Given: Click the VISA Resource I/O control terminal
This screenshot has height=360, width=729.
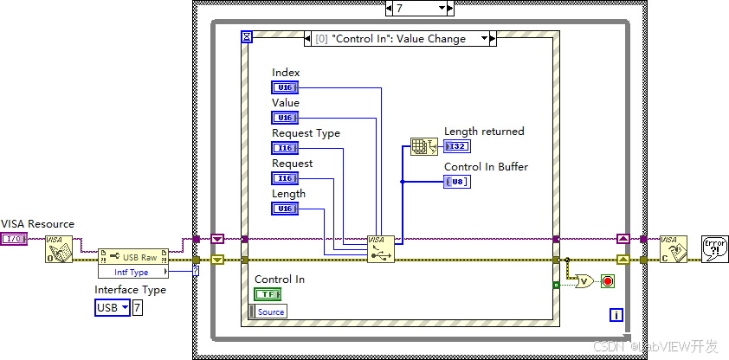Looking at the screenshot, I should point(13,239).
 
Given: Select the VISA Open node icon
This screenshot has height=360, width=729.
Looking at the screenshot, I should point(59,247).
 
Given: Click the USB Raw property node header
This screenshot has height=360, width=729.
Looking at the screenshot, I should point(135,257).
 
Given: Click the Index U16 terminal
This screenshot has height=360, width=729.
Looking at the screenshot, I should point(284,87).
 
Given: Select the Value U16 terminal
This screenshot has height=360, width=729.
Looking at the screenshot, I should point(284,118).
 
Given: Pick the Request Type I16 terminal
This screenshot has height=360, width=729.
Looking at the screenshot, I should point(284,148).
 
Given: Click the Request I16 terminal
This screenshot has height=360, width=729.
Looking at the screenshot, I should point(284,178).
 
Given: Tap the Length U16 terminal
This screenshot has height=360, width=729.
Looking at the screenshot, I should point(284,209).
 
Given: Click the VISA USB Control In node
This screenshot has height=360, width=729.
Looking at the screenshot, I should point(380,247).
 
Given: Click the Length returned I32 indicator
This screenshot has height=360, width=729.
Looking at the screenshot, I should point(457,146).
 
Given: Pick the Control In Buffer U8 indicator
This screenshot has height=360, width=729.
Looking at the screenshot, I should point(457,182).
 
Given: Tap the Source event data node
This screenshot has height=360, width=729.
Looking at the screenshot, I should point(268,312).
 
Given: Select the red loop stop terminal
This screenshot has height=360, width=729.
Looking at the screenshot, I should point(608,281).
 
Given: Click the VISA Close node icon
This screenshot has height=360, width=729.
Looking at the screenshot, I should point(673,247).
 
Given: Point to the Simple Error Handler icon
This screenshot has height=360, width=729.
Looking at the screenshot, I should point(714,247).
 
